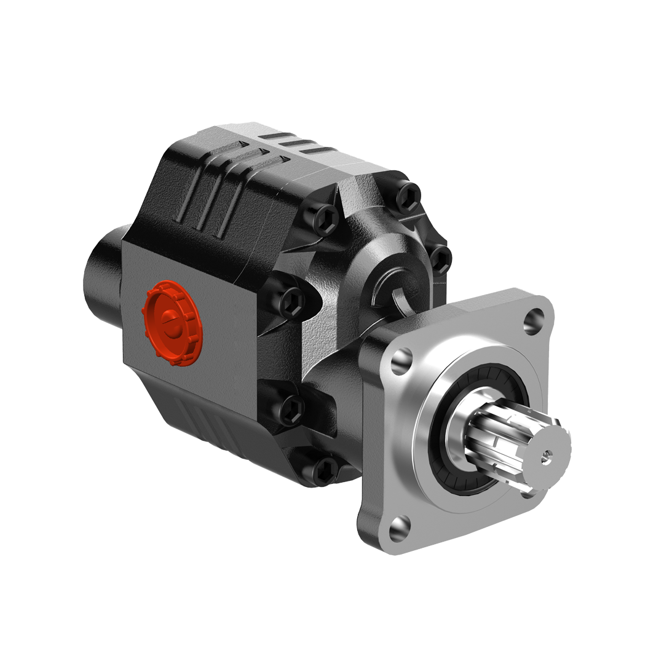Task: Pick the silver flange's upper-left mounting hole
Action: [401, 360]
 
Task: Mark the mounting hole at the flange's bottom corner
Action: [398, 527]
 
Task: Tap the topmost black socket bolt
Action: [408, 196]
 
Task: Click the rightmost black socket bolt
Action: [441, 259]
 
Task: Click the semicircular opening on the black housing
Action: [403, 294]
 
